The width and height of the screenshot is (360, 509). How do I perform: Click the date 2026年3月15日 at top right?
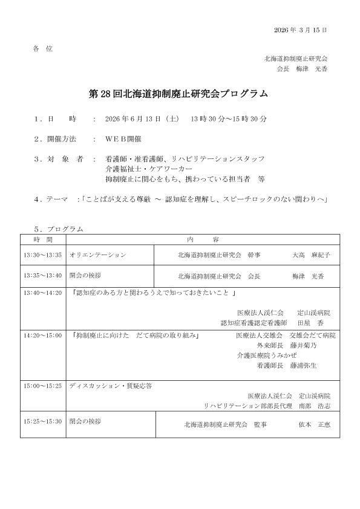300,30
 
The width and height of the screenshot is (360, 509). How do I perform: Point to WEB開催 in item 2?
123,138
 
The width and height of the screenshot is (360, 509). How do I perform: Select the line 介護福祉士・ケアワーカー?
140,169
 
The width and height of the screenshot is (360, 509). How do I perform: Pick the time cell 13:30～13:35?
42,255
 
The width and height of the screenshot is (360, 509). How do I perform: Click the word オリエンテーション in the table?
97,255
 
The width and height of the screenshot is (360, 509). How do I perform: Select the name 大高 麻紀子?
311,255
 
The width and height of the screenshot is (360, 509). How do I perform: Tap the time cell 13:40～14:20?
42,293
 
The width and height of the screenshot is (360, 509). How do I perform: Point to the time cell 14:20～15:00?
42,335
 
